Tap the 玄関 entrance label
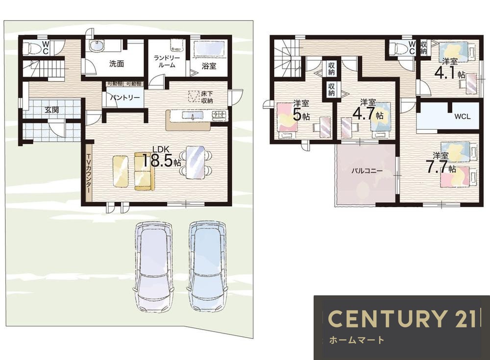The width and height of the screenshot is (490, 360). tap(51, 110)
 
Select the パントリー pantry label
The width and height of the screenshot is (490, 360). tap(124, 97)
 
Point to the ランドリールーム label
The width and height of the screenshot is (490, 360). tap(167, 62)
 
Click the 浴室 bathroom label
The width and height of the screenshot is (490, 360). tap(209, 66)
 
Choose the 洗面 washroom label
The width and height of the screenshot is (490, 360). tap(117, 64)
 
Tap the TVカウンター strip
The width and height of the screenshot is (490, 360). tap(89, 173)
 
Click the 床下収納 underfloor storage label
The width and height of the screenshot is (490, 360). tap(207, 97)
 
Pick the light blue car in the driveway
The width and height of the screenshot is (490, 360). tap(208, 265)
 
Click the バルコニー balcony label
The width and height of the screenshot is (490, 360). tap(367, 171)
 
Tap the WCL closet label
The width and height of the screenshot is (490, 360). tap(462, 117)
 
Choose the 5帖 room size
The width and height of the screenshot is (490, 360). tap(301, 115)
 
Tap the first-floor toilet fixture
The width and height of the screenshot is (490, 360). tap(30, 48)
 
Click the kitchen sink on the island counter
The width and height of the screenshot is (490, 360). tap(192, 116)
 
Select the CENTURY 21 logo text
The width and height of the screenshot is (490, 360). tap(402, 319)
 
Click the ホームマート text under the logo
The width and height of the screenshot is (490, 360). tap(357, 340)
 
